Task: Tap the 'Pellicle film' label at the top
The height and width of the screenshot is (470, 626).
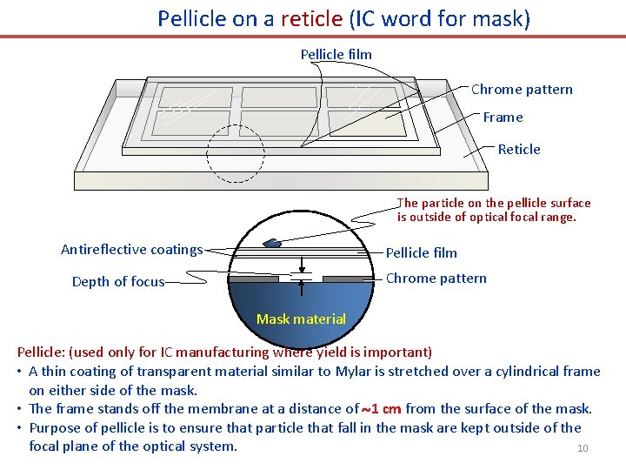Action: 336,55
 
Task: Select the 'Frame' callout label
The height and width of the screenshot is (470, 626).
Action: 503,117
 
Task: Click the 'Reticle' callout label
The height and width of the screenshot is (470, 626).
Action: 519,150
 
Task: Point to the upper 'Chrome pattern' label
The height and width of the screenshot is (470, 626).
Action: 522,90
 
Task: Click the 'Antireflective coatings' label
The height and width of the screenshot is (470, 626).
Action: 131,250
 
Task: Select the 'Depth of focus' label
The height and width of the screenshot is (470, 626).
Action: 118,282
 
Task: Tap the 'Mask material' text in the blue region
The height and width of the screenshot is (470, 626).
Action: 301,319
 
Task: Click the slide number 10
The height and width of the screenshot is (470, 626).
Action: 583,449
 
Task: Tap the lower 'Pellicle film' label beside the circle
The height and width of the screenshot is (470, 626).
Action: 421,253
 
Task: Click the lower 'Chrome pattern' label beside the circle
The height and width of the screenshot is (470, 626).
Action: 436,279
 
